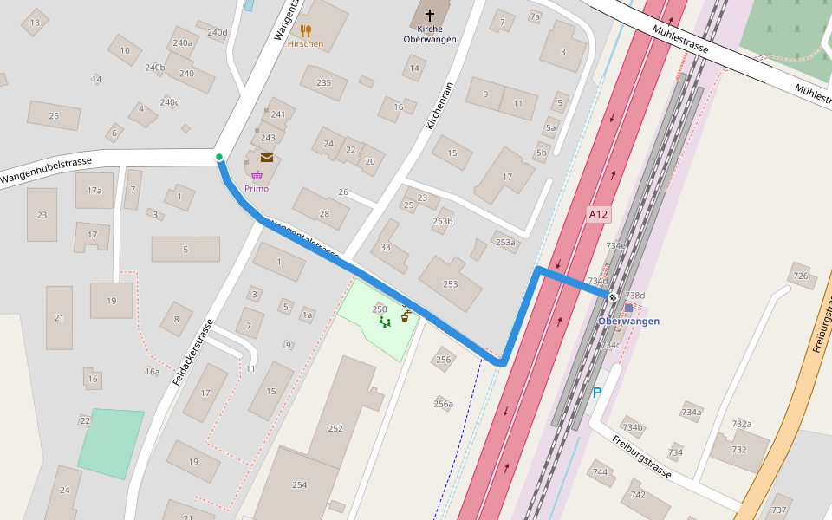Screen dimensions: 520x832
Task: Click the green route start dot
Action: tap(219, 157)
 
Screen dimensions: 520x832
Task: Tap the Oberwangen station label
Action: tap(628, 322)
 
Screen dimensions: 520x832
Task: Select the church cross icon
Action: tap(429, 16)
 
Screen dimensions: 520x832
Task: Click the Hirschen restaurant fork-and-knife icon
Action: tap(305, 31)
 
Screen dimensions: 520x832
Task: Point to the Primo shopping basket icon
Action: tap(257, 176)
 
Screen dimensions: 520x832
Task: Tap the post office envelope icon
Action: tap(267, 158)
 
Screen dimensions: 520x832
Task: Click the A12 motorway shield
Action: tap(598, 214)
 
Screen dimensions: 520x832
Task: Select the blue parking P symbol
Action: tap(597, 392)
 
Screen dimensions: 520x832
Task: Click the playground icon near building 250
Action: tap(385, 322)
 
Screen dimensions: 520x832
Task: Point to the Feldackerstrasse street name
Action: tap(192, 353)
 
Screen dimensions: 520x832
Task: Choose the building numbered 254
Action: tap(299, 484)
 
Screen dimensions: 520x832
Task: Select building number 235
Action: tap(324, 83)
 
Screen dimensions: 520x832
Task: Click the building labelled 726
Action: tap(801, 277)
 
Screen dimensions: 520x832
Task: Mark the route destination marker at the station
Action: tap(613, 297)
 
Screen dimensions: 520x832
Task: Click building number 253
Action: tap(451, 284)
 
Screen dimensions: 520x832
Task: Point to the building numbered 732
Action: tap(738, 449)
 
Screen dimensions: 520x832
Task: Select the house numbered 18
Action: tap(35, 23)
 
